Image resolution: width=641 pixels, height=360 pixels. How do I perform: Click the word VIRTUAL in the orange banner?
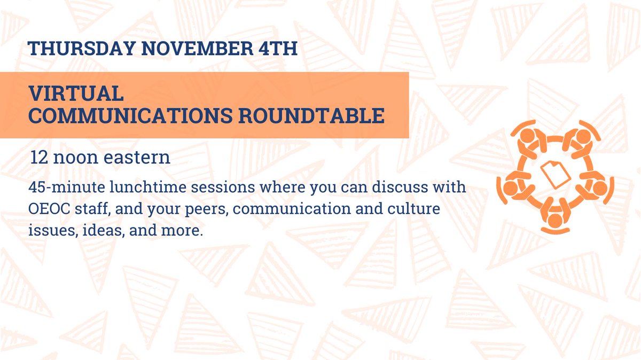coord(77,94)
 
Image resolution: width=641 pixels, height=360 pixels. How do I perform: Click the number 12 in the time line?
coord(39,158)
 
